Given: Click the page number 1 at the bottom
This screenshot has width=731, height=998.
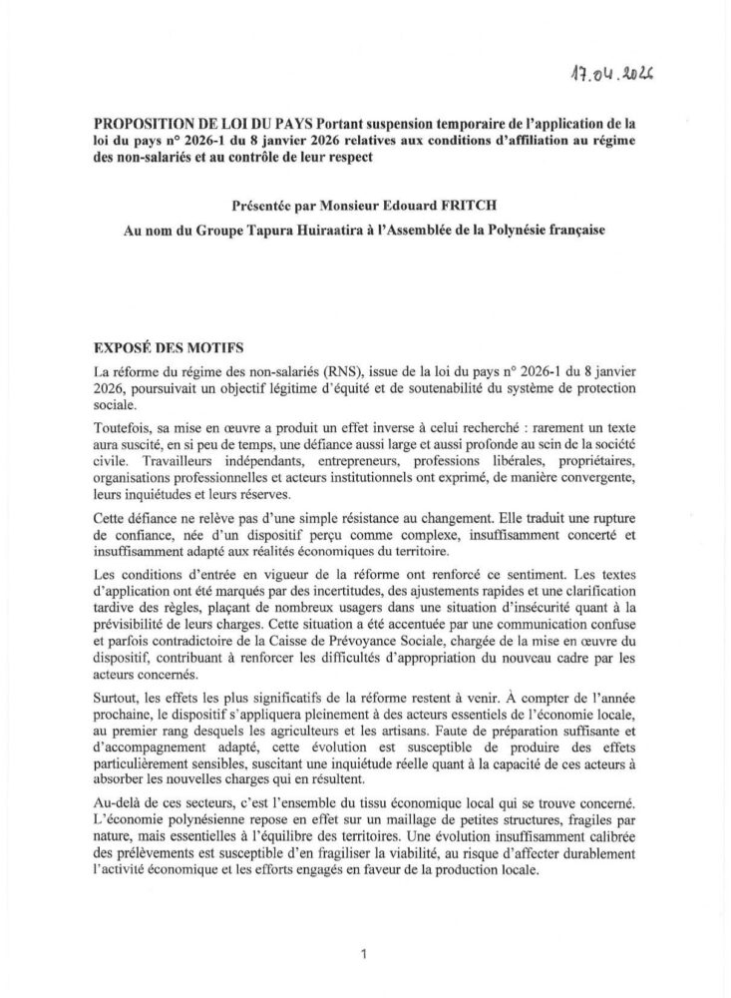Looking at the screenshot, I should click(365, 954).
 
